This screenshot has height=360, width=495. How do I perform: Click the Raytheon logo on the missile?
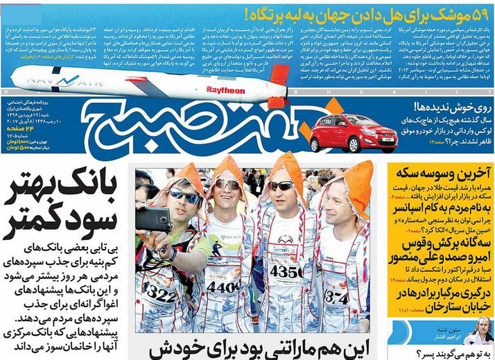226,90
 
